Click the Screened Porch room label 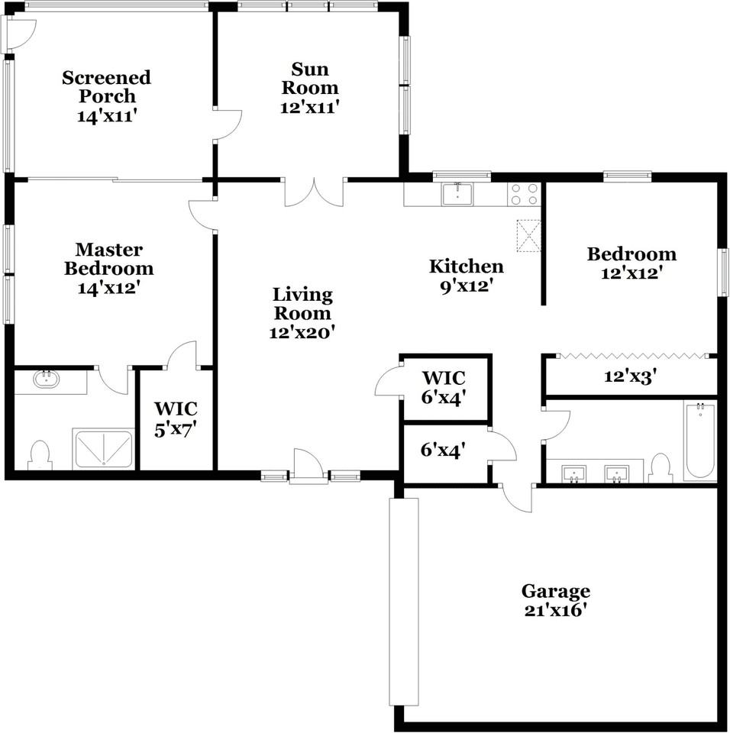106,87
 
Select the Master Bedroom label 108,260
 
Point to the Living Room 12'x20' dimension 302,333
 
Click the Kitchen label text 466,266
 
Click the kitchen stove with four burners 524,194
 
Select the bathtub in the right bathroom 699,441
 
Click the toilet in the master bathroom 39,454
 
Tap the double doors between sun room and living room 314,192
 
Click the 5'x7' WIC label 175,419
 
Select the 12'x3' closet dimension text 631,376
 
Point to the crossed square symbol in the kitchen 528,235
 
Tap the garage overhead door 404,602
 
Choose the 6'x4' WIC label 444,387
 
